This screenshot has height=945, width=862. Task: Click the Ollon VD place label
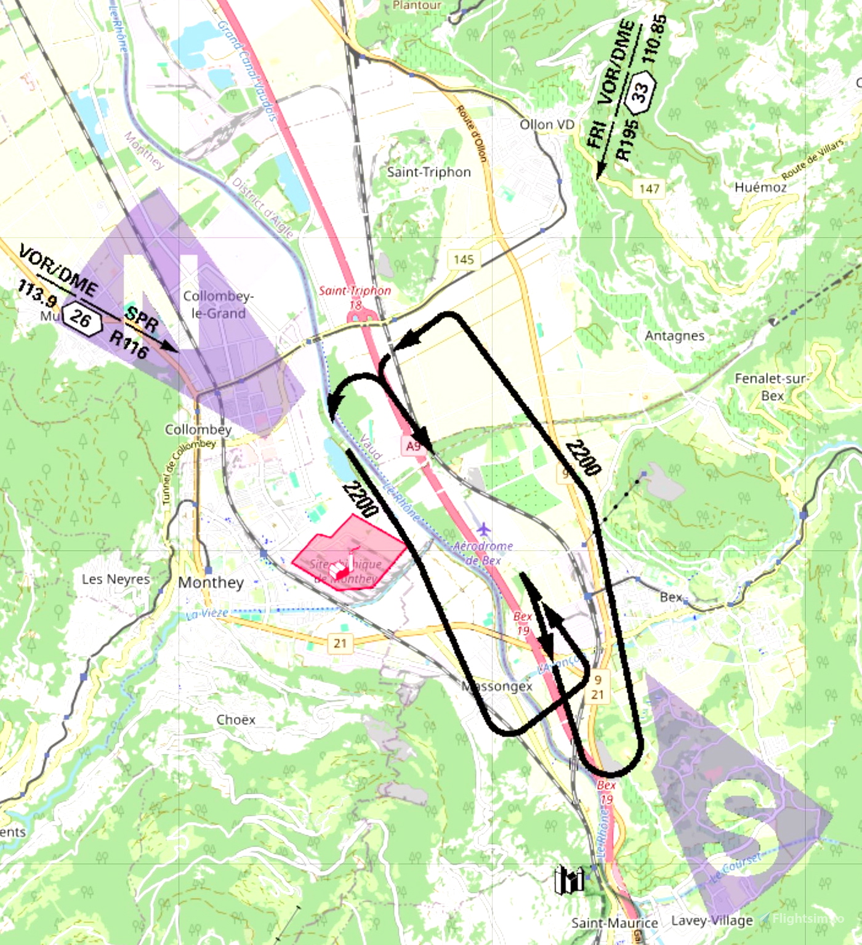point(547,125)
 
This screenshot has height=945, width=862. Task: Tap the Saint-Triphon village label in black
point(429,172)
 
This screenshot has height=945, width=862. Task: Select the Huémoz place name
point(760,187)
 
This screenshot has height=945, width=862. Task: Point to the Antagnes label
point(674,336)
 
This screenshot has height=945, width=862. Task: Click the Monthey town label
point(211,582)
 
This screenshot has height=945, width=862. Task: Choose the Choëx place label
point(236,720)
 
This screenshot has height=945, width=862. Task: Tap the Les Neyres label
point(116,579)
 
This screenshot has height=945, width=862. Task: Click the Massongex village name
point(497,686)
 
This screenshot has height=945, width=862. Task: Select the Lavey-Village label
point(712,920)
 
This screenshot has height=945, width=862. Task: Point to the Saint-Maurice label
point(614,923)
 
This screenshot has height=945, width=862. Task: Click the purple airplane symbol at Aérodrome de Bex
point(484,529)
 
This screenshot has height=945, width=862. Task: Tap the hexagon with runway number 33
point(640,92)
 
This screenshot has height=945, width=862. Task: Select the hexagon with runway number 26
point(81,318)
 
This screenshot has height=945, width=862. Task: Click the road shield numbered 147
point(649,188)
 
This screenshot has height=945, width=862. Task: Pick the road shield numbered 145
point(464,259)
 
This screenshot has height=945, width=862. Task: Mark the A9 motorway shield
point(413,446)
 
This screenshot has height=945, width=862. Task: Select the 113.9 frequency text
point(36,292)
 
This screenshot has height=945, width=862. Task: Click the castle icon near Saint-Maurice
point(569,880)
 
